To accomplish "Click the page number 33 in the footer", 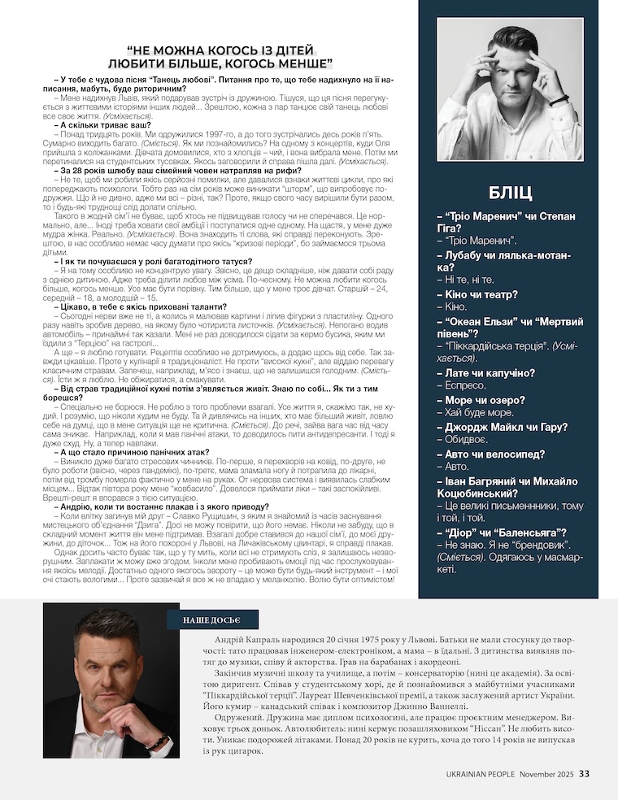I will (585, 773).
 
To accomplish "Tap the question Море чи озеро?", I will (480, 400).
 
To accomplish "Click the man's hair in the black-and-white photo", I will (512, 39).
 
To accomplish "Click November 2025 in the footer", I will (547, 774).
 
